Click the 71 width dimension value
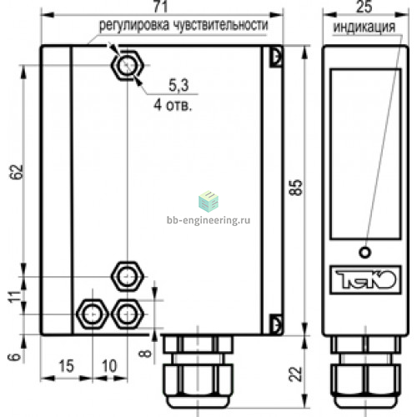[161, 6]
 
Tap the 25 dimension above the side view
[364, 6]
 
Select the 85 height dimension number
[295, 188]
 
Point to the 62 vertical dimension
[16, 172]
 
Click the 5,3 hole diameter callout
[178, 85]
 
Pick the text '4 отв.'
[173, 105]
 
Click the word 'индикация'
[364, 28]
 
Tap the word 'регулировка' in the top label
[134, 26]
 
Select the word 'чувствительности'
[221, 25]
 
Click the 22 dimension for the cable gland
[295, 374]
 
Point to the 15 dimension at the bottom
[66, 366]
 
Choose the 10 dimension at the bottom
[109, 366]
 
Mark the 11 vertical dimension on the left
[15, 297]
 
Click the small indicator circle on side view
[365, 253]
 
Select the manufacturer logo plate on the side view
[365, 279]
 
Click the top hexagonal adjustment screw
[128, 66]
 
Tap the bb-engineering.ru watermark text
[208, 220]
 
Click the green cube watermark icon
[208, 201]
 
